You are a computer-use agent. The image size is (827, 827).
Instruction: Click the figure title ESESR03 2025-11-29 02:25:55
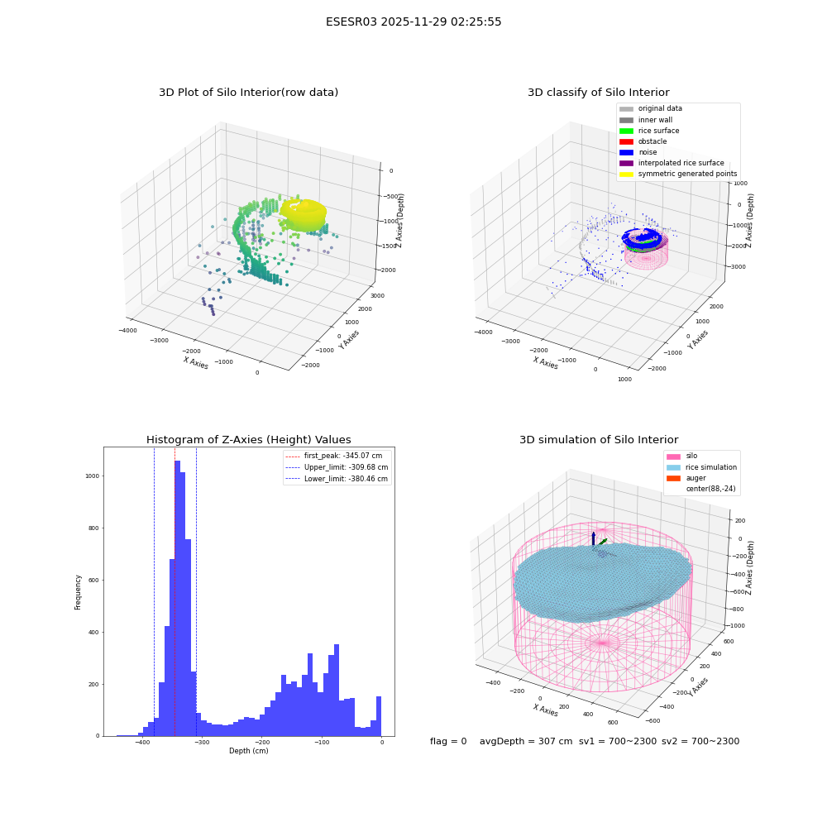pos(413,22)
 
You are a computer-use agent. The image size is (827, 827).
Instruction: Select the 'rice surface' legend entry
pos(649,131)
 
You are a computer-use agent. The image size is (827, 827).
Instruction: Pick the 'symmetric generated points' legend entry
pos(678,174)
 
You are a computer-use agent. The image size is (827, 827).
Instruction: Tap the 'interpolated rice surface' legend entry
pos(672,163)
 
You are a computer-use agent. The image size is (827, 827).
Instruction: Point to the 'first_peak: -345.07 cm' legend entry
pos(334,456)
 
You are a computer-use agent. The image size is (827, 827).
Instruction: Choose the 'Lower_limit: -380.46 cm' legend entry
pos(337,479)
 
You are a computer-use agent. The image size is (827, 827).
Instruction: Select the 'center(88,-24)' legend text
pos(710,489)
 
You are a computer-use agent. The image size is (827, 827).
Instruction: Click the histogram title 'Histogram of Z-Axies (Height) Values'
pos(248,439)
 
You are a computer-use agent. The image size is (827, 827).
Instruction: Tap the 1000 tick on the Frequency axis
pos(93,476)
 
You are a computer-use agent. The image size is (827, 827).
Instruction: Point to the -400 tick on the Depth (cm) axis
pos(142,742)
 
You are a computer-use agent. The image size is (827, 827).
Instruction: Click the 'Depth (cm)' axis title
pos(248,751)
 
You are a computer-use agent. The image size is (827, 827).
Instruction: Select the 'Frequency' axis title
pos(78,592)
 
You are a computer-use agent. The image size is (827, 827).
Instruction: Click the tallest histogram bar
pos(177,598)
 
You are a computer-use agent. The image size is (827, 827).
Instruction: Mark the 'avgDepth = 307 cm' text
pos(526,741)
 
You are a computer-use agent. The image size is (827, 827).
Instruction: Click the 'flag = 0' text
pos(448,741)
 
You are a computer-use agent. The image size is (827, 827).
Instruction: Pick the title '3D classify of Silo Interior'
pos(599,93)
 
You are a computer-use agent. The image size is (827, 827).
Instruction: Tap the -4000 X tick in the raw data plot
pos(127,330)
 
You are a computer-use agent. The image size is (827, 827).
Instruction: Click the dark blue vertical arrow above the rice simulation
pos(593,539)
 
